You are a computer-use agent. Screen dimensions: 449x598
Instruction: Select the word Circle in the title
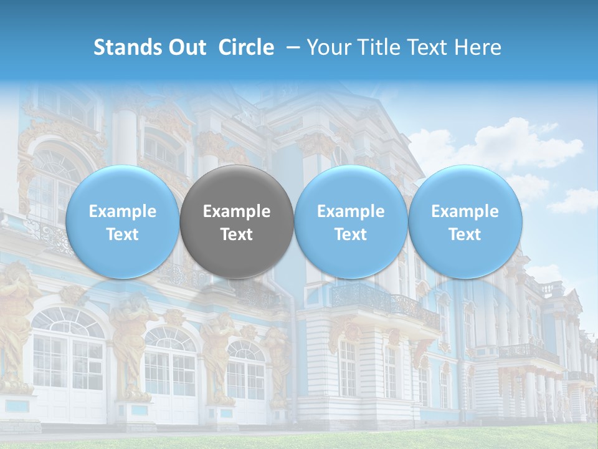pyautogui.click(x=246, y=48)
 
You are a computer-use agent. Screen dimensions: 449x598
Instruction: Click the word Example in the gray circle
pyautogui.click(x=237, y=211)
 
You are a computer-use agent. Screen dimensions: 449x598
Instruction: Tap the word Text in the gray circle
pyautogui.click(x=237, y=234)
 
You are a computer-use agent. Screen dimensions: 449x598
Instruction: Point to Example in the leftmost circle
pyautogui.click(x=122, y=211)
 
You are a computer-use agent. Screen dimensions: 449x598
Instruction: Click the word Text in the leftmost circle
pyautogui.click(x=122, y=234)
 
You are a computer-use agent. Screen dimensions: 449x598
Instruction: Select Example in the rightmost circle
pyautogui.click(x=465, y=211)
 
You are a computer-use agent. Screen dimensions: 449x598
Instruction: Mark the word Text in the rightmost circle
pyautogui.click(x=465, y=234)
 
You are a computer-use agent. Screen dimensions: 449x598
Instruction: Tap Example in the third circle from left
pyautogui.click(x=351, y=211)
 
